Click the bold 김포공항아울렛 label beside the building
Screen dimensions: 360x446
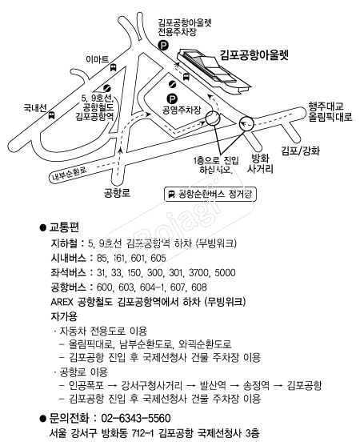click(x=254, y=55)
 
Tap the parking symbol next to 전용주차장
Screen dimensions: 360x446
click(x=163, y=45)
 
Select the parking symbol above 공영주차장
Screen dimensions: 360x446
click(x=172, y=99)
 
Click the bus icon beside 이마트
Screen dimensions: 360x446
click(x=113, y=68)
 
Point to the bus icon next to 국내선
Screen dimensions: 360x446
click(x=51, y=115)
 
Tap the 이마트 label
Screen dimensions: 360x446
click(x=97, y=59)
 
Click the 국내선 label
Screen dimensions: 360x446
click(x=35, y=108)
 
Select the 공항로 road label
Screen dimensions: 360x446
click(x=117, y=193)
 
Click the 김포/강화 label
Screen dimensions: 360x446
click(x=300, y=151)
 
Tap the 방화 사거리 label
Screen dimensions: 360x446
click(x=260, y=163)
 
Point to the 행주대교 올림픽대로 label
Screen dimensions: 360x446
click(x=330, y=111)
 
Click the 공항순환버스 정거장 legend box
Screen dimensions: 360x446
click(x=210, y=195)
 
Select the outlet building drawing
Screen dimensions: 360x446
click(x=214, y=70)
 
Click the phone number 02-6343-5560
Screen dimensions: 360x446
click(x=136, y=418)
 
